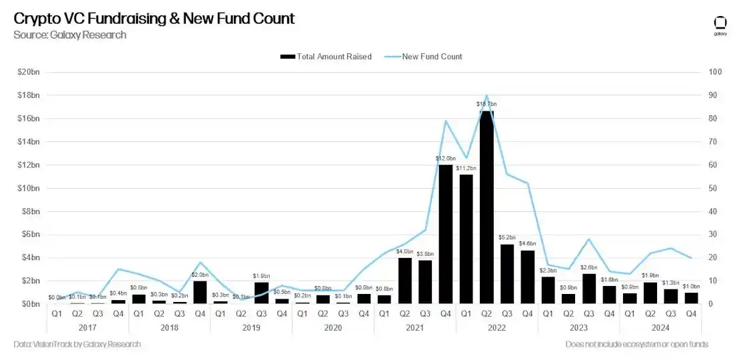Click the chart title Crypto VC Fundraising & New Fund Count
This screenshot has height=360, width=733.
coord(154,18)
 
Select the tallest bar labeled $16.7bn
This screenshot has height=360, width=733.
coord(486,207)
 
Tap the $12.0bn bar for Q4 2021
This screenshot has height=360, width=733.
coord(446,233)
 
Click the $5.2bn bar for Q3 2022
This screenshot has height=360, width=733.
coord(507,273)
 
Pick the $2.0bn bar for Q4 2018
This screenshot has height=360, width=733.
coord(200,292)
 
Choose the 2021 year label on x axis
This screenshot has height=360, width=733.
coord(414,327)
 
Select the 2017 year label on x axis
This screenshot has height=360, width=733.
coord(87,327)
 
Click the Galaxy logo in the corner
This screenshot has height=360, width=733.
coord(720,25)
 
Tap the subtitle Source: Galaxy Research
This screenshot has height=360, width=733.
coord(70,35)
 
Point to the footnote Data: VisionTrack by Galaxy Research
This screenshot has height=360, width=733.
coord(77,344)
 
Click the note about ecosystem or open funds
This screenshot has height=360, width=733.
coord(636,344)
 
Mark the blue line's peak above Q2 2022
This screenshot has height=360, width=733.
coord(486,96)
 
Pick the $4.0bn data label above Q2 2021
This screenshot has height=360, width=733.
coord(404,251)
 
